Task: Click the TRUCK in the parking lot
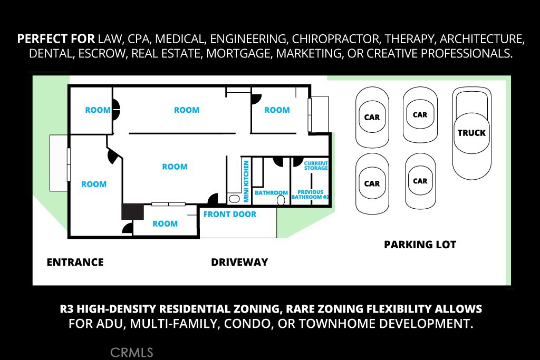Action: pos(471,133)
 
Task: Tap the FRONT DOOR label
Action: pos(230,215)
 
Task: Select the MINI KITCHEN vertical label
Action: pos(246,181)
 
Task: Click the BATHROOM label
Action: pos(271,193)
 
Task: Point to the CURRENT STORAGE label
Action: pos(316,166)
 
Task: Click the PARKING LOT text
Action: pos(420,245)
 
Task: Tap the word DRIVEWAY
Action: pos(239,262)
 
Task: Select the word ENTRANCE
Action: pos(75,262)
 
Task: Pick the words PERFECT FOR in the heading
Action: pos(56,39)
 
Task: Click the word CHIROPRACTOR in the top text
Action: pos(334,39)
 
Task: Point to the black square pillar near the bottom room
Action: pos(133,212)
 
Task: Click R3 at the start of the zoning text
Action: pos(68,308)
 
